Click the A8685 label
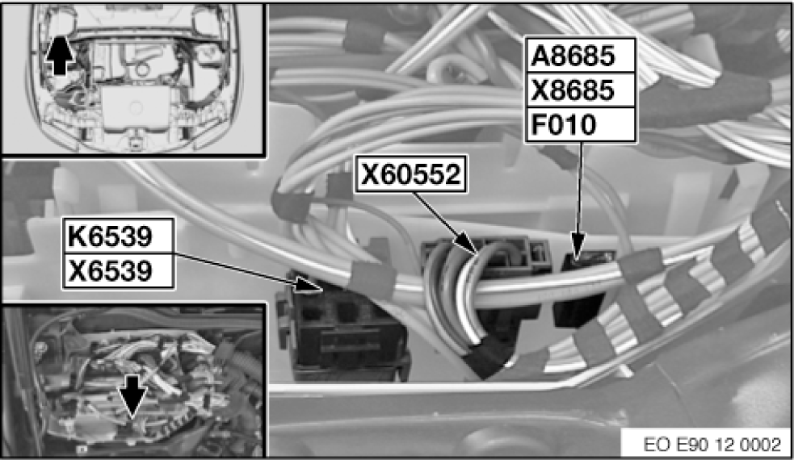(x=573, y=56)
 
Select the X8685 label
(x=573, y=90)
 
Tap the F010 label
(x=564, y=124)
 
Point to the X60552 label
(x=410, y=174)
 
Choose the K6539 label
(x=110, y=236)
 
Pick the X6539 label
(x=110, y=270)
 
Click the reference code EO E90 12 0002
(x=712, y=445)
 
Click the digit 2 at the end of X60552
(x=452, y=174)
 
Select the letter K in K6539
(x=77, y=236)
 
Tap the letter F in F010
(x=538, y=124)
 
